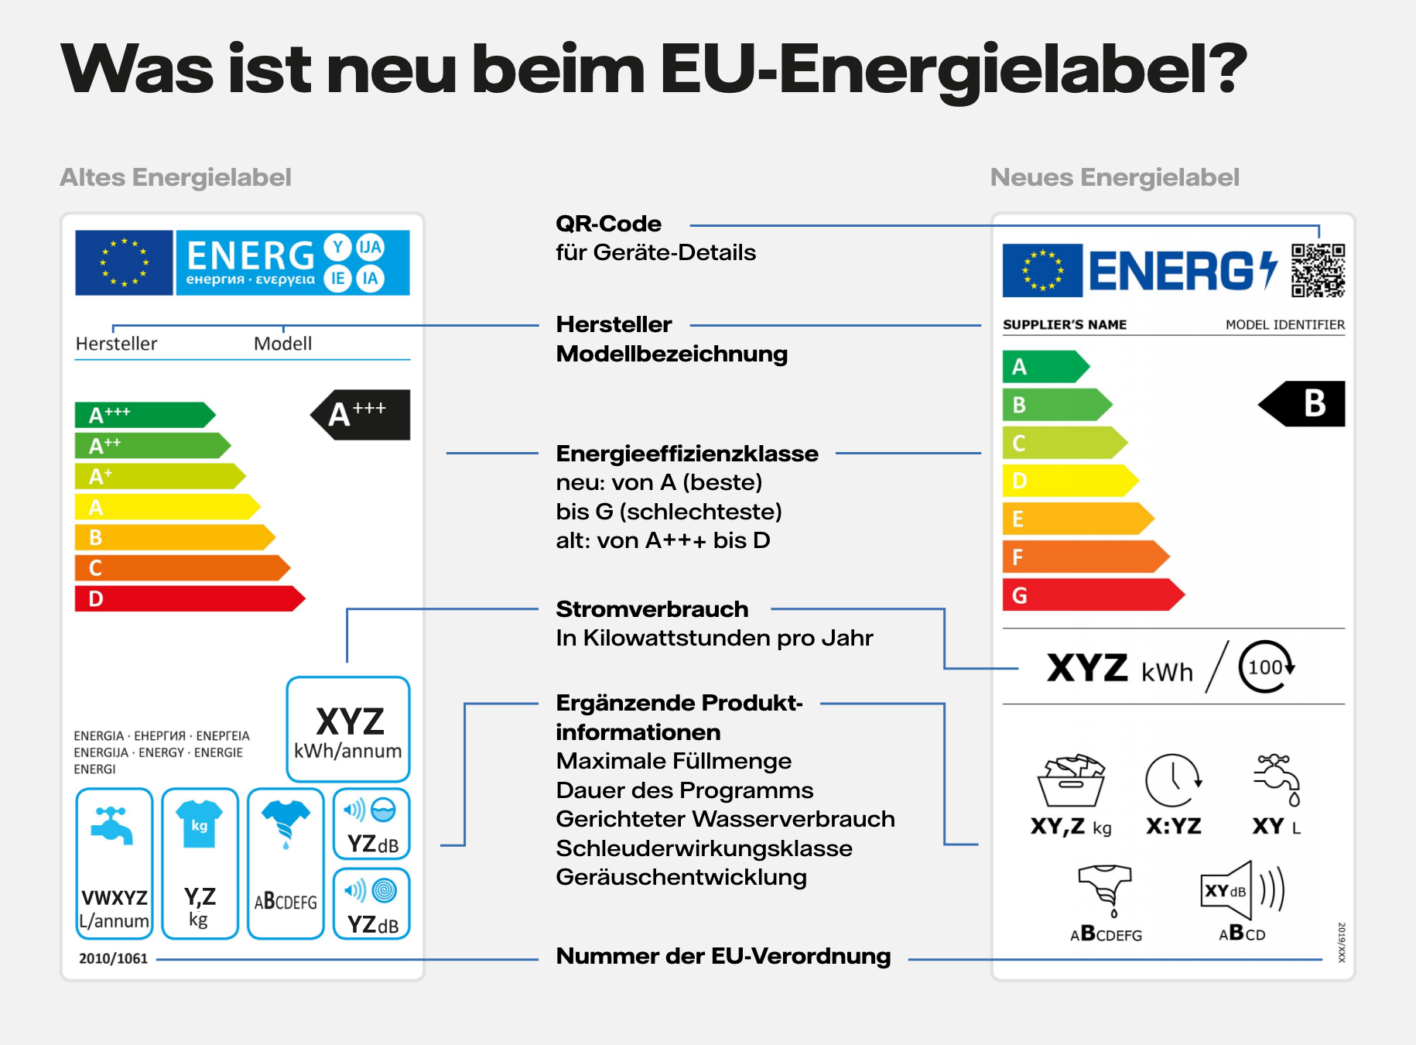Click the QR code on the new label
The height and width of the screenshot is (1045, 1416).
coord(1318,270)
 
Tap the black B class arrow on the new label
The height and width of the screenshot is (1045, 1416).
coord(1304,403)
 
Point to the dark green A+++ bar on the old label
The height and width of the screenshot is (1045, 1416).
coord(144,415)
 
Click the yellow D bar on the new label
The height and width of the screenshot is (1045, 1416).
coord(1068,481)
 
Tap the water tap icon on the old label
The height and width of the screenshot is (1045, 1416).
coord(113,826)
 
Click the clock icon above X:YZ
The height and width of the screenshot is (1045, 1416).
coord(1173,780)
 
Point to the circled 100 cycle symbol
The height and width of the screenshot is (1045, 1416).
coord(1266,666)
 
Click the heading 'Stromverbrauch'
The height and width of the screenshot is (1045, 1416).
coord(652,609)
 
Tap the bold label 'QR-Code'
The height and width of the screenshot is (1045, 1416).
coord(608,224)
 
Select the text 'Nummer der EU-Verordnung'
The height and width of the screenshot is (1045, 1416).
coord(723,956)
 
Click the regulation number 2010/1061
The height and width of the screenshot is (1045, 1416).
coord(113,958)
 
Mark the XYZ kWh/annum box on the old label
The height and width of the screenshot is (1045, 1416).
coord(348,729)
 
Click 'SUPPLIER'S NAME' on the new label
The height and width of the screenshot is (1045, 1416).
coord(1064,324)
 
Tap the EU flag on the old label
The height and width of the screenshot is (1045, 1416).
coord(124,262)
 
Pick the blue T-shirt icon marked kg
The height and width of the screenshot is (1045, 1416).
coord(199,824)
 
